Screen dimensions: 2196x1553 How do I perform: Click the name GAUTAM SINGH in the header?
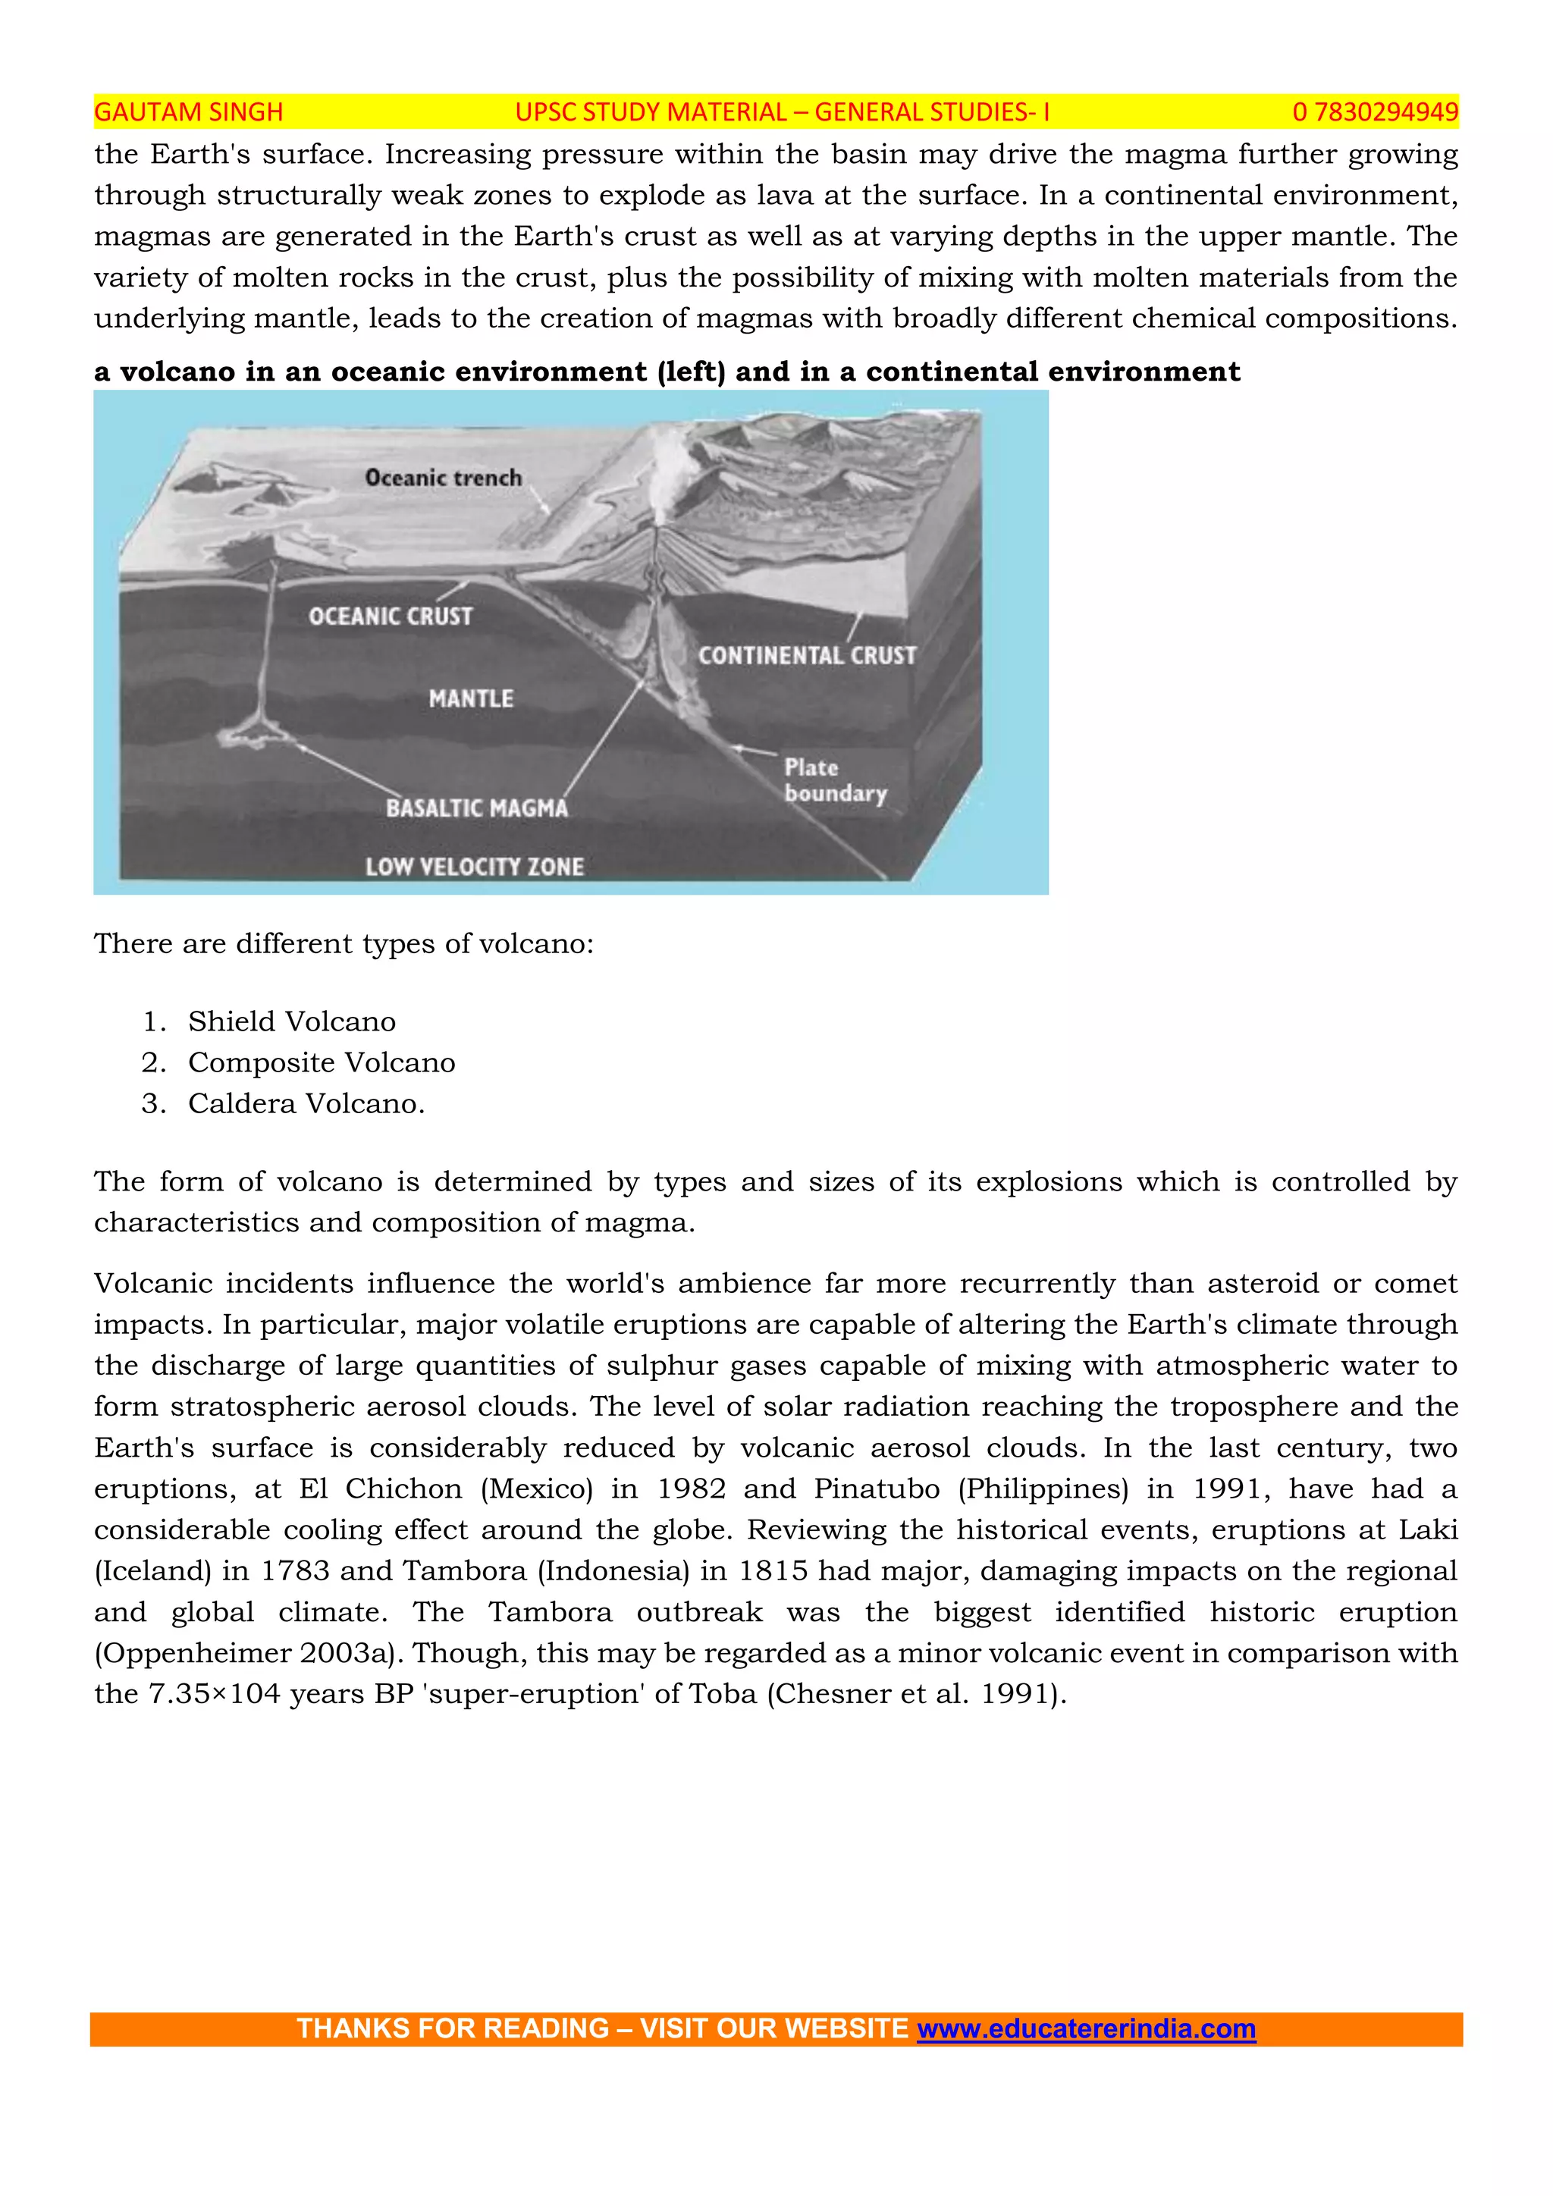(x=188, y=112)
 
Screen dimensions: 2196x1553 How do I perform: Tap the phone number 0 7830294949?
(x=1374, y=112)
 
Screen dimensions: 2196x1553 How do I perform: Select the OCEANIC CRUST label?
(x=391, y=616)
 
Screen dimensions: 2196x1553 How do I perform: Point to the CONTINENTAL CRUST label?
(x=806, y=655)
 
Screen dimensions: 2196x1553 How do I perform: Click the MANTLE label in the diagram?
(x=470, y=698)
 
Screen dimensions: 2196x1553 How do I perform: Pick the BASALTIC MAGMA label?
(x=476, y=808)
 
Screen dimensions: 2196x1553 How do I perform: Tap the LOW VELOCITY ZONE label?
(x=474, y=867)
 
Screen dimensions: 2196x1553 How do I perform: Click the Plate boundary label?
(x=834, y=780)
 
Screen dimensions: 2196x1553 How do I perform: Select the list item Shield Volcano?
(x=292, y=1021)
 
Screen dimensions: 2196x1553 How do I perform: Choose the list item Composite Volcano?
(x=322, y=1062)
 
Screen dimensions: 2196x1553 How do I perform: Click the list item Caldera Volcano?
(x=306, y=1104)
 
